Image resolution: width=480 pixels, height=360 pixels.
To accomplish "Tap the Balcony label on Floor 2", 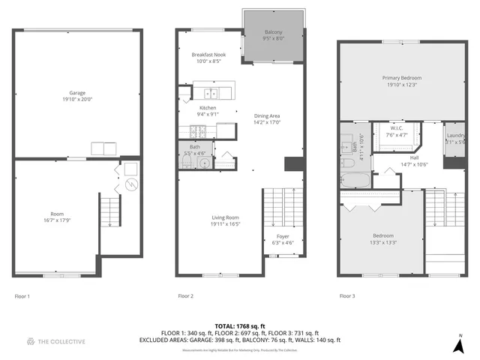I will (274, 32).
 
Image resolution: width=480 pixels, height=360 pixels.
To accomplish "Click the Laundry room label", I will (455, 135).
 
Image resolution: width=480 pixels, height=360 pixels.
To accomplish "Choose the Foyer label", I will (283, 236).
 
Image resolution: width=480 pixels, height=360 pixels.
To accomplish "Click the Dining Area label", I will (267, 115).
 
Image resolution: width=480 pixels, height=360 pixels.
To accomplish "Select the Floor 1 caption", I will (23, 296).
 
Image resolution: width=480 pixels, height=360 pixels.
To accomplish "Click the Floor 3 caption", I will (347, 296).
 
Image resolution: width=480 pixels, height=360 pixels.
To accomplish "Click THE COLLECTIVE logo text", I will (62, 341).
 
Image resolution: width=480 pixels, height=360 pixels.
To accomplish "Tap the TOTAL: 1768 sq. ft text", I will (239, 326).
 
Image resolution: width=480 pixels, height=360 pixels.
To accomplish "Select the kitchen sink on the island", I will (212, 94).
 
